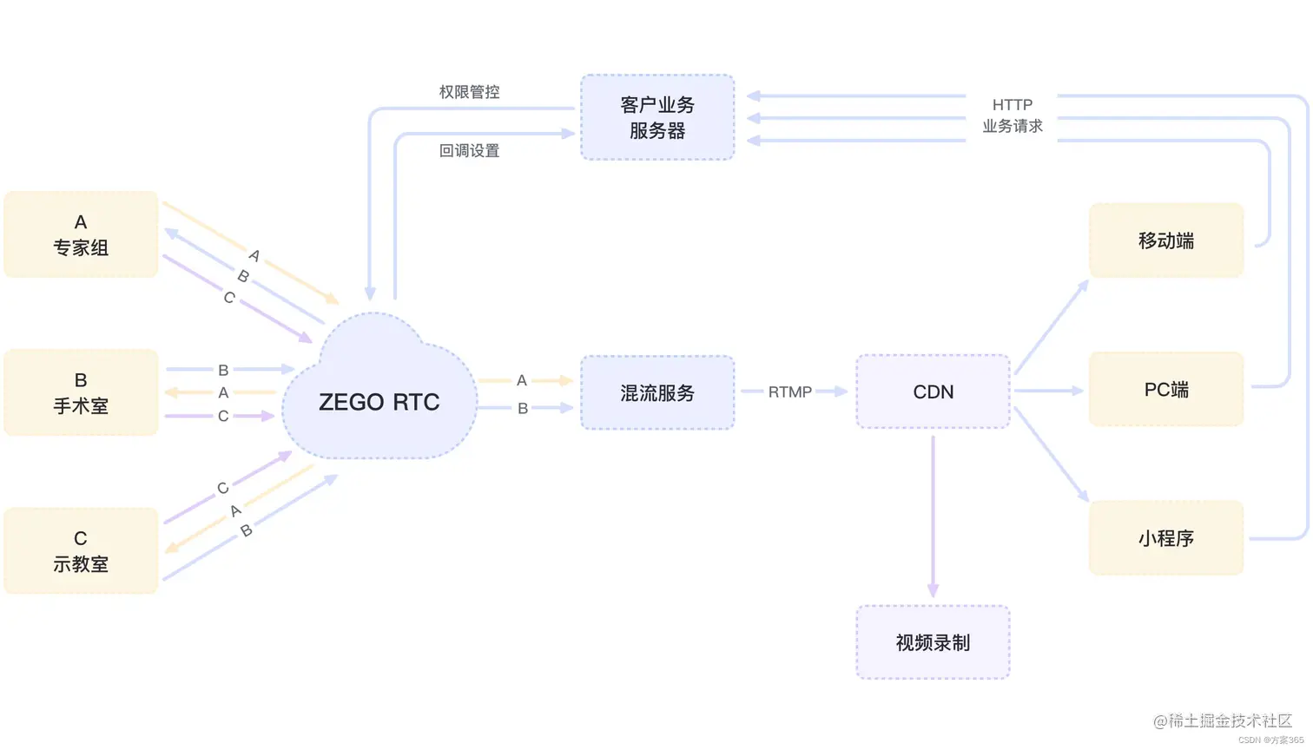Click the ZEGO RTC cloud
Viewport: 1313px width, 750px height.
tap(379, 401)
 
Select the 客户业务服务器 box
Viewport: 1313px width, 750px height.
tap(657, 117)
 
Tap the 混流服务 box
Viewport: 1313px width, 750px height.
tap(657, 392)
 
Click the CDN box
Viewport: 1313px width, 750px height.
tap(933, 391)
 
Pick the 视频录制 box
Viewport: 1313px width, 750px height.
tap(933, 642)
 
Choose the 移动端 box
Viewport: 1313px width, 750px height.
tap(1165, 240)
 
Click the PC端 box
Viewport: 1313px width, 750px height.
tap(1165, 390)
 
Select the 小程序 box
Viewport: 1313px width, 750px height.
tap(1165, 538)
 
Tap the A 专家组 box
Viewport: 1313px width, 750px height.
tap(81, 234)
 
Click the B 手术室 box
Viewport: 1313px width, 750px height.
tap(81, 392)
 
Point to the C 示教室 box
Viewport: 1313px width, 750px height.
tap(81, 550)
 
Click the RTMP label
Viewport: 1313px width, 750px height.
tap(789, 392)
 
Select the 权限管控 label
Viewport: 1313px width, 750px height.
tap(469, 92)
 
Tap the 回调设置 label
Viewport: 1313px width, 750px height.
tap(469, 151)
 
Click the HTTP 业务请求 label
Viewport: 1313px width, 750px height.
tap(1012, 115)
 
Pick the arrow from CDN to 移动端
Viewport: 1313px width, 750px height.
tap(1051, 327)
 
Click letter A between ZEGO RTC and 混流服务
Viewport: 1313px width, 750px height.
tap(522, 380)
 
